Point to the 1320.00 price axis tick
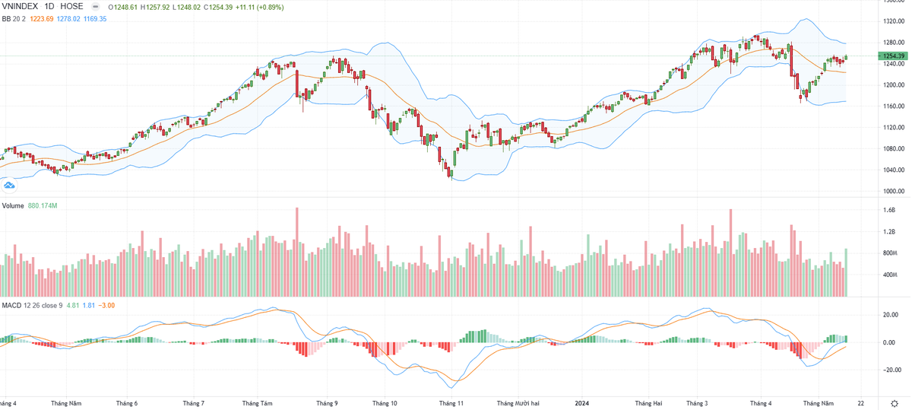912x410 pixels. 893,21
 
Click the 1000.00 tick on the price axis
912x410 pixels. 893,192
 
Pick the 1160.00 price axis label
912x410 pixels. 893,106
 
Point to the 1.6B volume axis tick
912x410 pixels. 889,210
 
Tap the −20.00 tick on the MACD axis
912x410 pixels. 891,370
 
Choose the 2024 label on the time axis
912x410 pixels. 583,402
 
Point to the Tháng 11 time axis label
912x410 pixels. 451,402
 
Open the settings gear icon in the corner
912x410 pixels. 895,402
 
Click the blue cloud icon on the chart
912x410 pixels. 10,185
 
